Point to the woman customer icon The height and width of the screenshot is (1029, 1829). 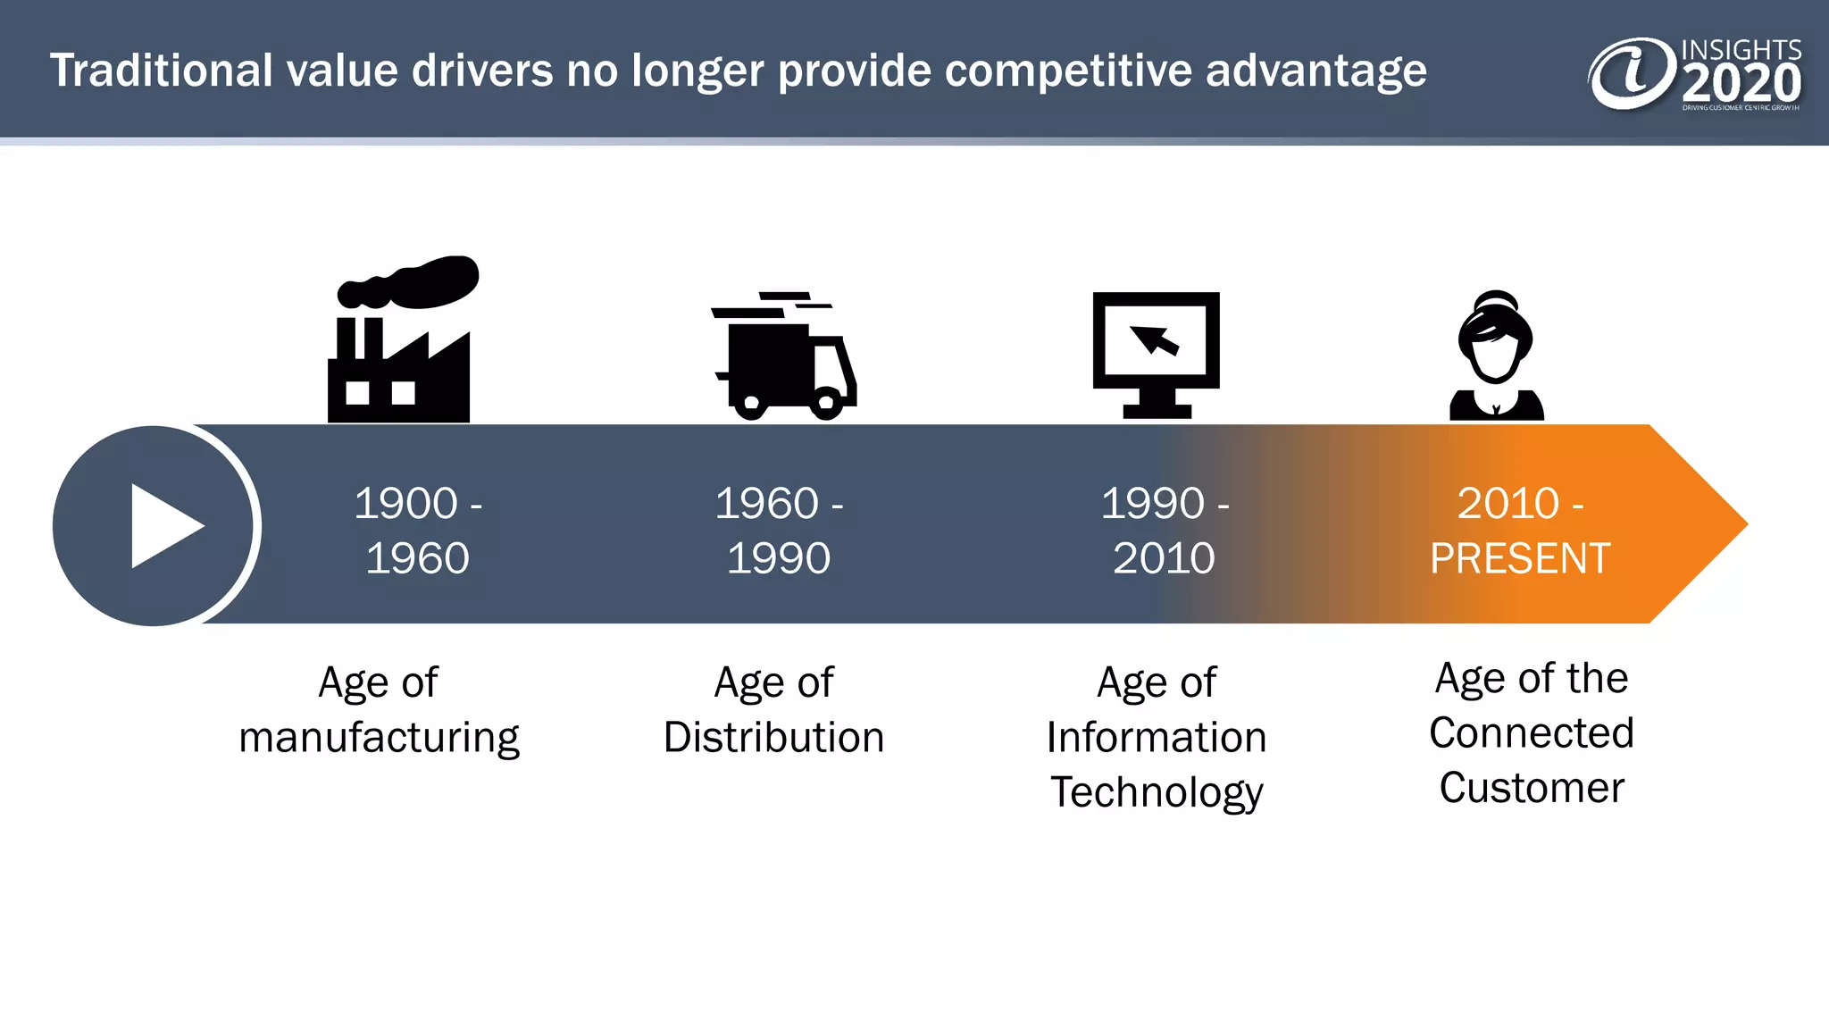click(x=1496, y=357)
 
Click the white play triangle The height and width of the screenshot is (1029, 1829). click(x=163, y=526)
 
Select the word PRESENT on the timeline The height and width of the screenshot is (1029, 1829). click(x=1520, y=559)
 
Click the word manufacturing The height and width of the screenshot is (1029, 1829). click(x=379, y=738)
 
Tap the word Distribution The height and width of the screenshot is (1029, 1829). click(x=773, y=738)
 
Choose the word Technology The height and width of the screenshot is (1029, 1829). click(x=1157, y=792)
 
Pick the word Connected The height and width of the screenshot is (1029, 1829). click(x=1531, y=733)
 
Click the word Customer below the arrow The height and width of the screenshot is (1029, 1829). click(x=1531, y=788)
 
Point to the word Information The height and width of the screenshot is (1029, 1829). click(x=1157, y=738)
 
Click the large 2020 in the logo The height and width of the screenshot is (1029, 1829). click(x=1741, y=84)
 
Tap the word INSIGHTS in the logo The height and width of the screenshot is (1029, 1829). click(x=1741, y=50)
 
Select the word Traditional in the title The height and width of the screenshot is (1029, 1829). click(x=161, y=71)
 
